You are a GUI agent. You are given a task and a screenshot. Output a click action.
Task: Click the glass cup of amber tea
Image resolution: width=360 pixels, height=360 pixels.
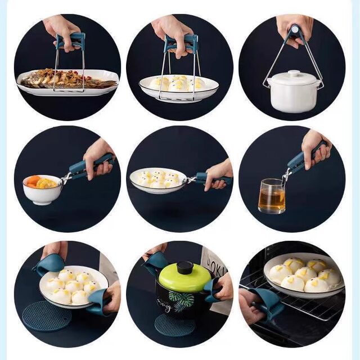[271, 197]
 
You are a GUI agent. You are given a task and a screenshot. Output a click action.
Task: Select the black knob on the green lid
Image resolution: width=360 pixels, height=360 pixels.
[184, 267]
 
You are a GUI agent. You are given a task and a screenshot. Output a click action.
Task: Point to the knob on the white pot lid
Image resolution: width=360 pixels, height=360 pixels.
[294, 74]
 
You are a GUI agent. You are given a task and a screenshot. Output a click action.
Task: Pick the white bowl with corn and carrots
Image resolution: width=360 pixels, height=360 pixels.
[43, 189]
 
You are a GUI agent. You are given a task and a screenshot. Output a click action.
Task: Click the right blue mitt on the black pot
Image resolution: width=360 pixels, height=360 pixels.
[213, 290]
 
